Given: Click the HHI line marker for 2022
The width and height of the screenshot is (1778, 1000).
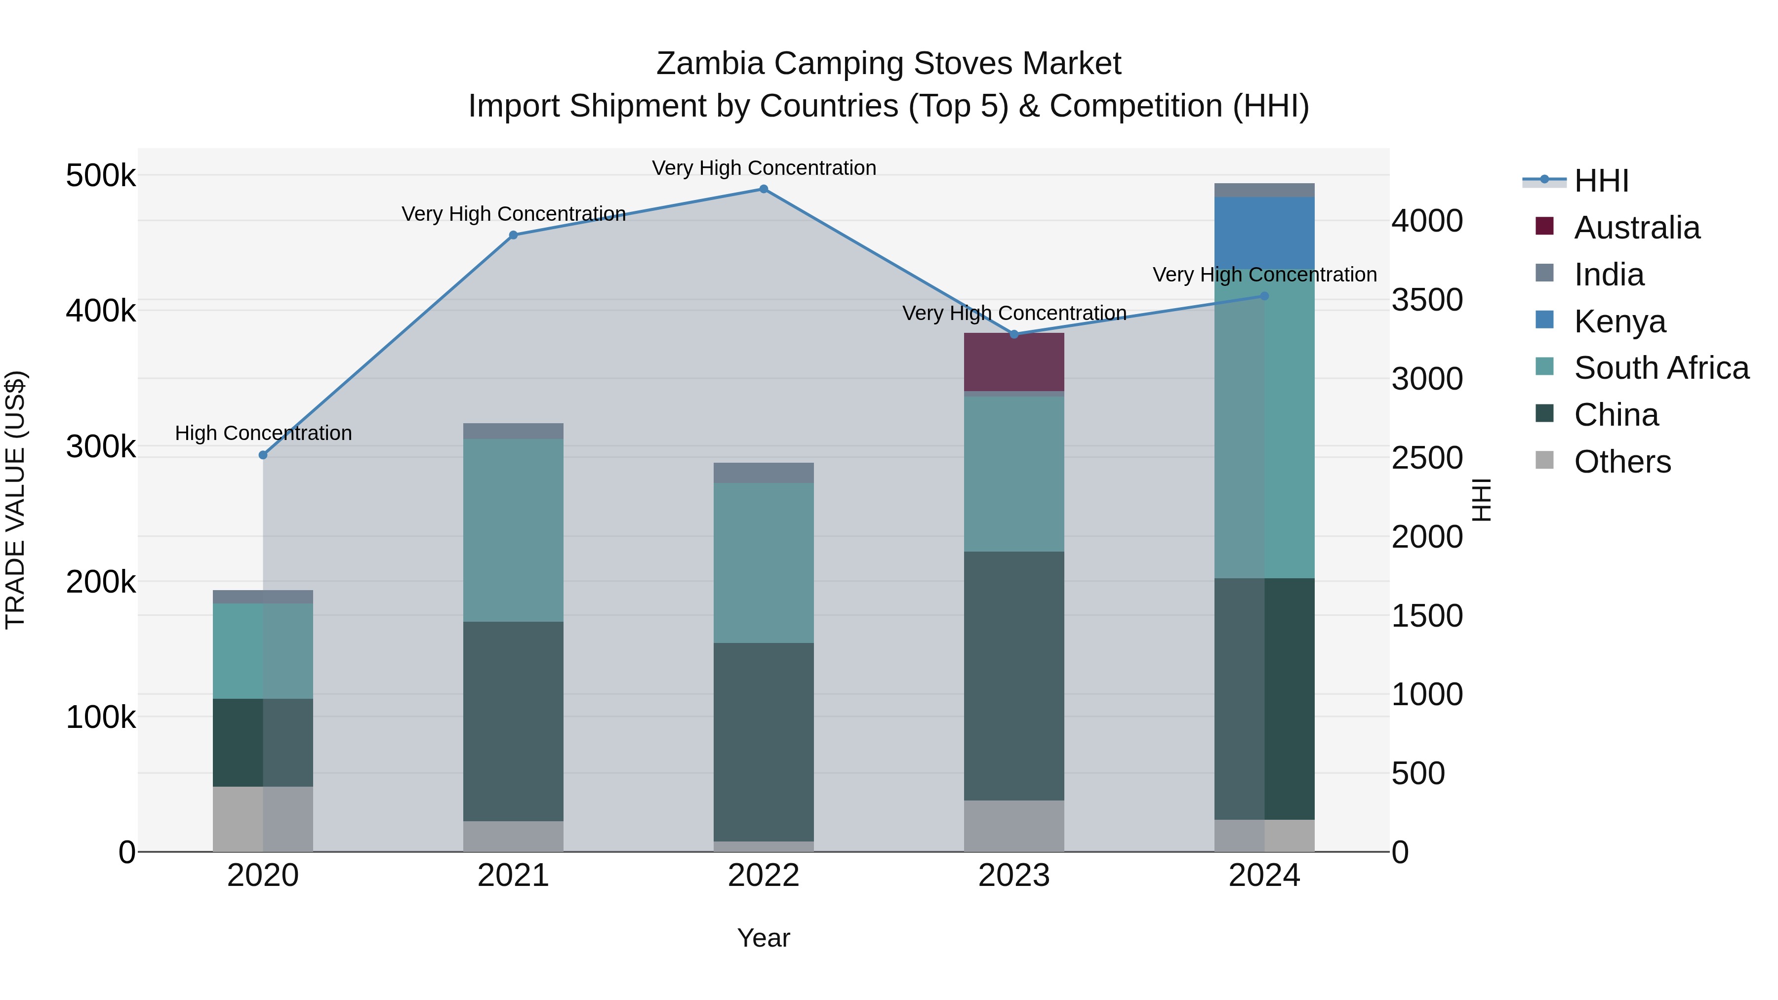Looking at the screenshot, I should coord(764,189).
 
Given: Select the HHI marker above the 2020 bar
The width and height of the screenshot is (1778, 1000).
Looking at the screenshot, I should coord(263,455).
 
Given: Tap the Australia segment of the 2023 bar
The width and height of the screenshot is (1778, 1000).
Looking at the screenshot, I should coord(1013,362).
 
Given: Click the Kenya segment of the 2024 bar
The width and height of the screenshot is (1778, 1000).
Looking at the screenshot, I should coord(1264,233).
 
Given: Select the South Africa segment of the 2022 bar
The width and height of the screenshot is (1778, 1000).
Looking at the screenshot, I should coord(764,562).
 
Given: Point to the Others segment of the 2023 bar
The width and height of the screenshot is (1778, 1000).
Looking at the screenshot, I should coord(1013,826).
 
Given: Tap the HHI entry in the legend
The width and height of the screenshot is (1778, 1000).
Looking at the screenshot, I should coord(1601,181).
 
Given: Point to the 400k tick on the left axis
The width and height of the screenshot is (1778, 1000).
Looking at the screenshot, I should coord(101,311).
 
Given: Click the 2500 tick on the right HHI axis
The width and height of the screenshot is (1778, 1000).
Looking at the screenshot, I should coord(1426,458).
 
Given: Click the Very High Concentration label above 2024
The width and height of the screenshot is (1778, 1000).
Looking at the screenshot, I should coord(1264,275).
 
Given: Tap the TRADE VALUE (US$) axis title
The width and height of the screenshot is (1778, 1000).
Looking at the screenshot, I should coord(15,500).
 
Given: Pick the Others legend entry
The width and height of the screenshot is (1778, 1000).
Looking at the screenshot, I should coord(1622,462).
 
